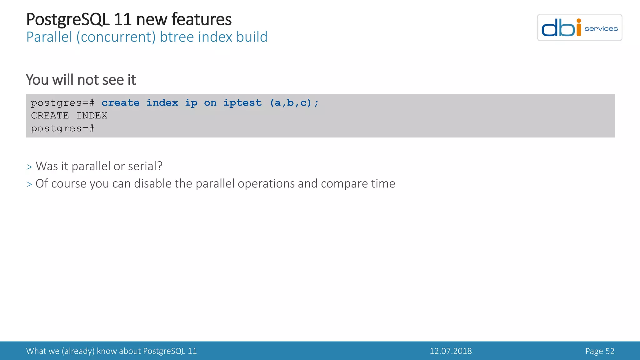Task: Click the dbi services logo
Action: pos(579,27)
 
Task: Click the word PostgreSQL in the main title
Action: pos(68,19)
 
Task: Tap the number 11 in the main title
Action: pos(122,19)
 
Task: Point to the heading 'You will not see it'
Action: pos(81,80)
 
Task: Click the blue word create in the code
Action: pos(120,103)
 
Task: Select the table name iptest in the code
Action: pos(242,103)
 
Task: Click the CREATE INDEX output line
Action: pos(69,116)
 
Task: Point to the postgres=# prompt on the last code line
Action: pos(62,128)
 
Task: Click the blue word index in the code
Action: pos(162,103)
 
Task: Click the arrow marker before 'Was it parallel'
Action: pos(29,167)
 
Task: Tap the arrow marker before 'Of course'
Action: pos(29,185)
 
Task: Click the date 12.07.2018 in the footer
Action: pos(451,351)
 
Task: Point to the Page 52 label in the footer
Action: pos(600,351)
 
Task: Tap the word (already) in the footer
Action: pos(78,351)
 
